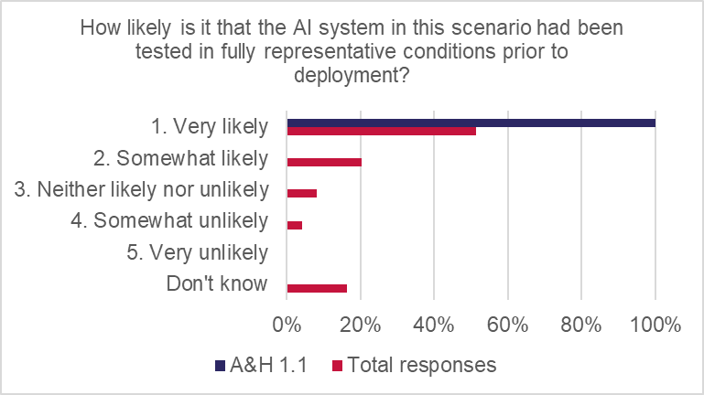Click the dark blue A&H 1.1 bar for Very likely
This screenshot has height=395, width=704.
pyautogui.click(x=471, y=123)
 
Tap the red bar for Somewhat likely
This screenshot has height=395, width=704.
pyautogui.click(x=324, y=162)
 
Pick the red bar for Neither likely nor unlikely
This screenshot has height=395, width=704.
pyautogui.click(x=302, y=193)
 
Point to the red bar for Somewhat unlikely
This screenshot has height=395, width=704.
pyautogui.click(x=295, y=225)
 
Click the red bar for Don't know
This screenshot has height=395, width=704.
pyautogui.click(x=317, y=288)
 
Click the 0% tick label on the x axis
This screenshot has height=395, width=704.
pyautogui.click(x=287, y=325)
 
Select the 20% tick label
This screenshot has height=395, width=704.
pyautogui.click(x=361, y=325)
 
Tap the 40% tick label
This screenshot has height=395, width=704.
pyautogui.click(x=434, y=325)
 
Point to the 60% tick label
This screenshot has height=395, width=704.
pyautogui.click(x=508, y=325)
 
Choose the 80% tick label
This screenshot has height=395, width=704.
pyautogui.click(x=581, y=325)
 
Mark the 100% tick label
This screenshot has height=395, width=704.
pyautogui.click(x=655, y=325)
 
